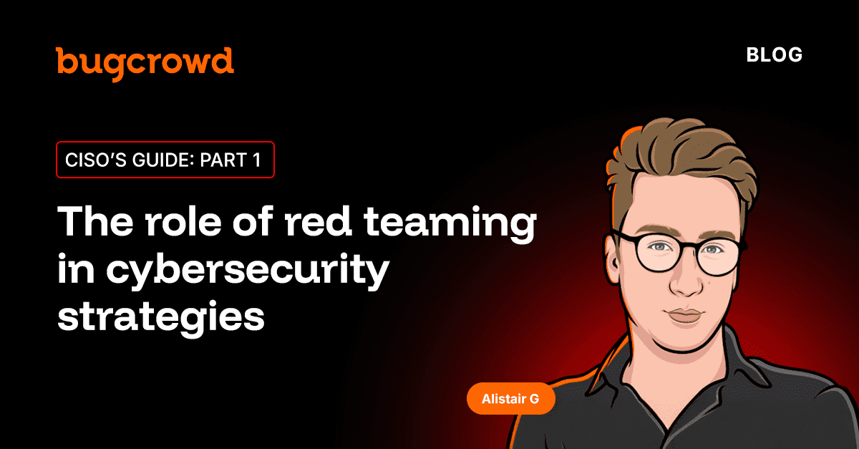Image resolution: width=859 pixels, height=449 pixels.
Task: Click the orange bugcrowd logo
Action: pos(145,64)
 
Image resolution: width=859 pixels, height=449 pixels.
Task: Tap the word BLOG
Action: pos(775,55)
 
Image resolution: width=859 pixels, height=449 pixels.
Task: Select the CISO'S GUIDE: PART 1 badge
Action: pos(165,160)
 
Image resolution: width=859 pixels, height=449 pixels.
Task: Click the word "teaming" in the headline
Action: pos(450,223)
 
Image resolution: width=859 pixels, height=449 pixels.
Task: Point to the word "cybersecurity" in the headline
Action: pos(248,270)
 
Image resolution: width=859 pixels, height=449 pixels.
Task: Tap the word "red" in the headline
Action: pos(318,221)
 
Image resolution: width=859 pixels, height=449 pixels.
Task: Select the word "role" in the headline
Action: pos(183,221)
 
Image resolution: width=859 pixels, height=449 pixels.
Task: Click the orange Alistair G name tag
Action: pos(511,399)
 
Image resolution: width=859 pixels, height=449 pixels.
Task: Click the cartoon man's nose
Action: pos(686,282)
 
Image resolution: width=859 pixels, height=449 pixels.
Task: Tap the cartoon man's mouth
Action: pos(685,316)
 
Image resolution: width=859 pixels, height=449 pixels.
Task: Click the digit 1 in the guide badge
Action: pos(256,160)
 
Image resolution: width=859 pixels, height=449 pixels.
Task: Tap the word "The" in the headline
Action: pos(95,221)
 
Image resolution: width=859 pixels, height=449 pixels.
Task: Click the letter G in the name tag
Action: pos(534,399)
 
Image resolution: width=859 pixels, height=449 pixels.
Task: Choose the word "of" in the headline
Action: pos(253,221)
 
